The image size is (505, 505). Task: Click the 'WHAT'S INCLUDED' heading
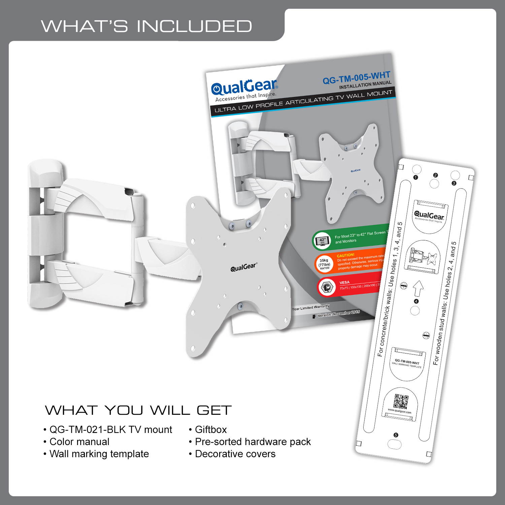point(146,26)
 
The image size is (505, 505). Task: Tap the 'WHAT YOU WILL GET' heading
point(138,410)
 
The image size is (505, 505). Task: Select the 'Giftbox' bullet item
point(210,430)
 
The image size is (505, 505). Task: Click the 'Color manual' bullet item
point(79,442)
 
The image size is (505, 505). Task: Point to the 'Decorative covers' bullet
point(235,454)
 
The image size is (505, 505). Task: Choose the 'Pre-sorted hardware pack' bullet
point(252,442)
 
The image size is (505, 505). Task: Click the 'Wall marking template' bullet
point(99,454)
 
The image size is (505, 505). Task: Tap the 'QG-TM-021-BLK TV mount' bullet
point(110,430)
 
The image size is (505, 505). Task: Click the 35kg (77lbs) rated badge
point(324,264)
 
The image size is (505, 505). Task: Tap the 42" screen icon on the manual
point(322,241)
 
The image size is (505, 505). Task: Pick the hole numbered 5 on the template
point(395,443)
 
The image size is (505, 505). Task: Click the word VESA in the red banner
point(344,282)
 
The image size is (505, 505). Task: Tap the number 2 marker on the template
point(435,175)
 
